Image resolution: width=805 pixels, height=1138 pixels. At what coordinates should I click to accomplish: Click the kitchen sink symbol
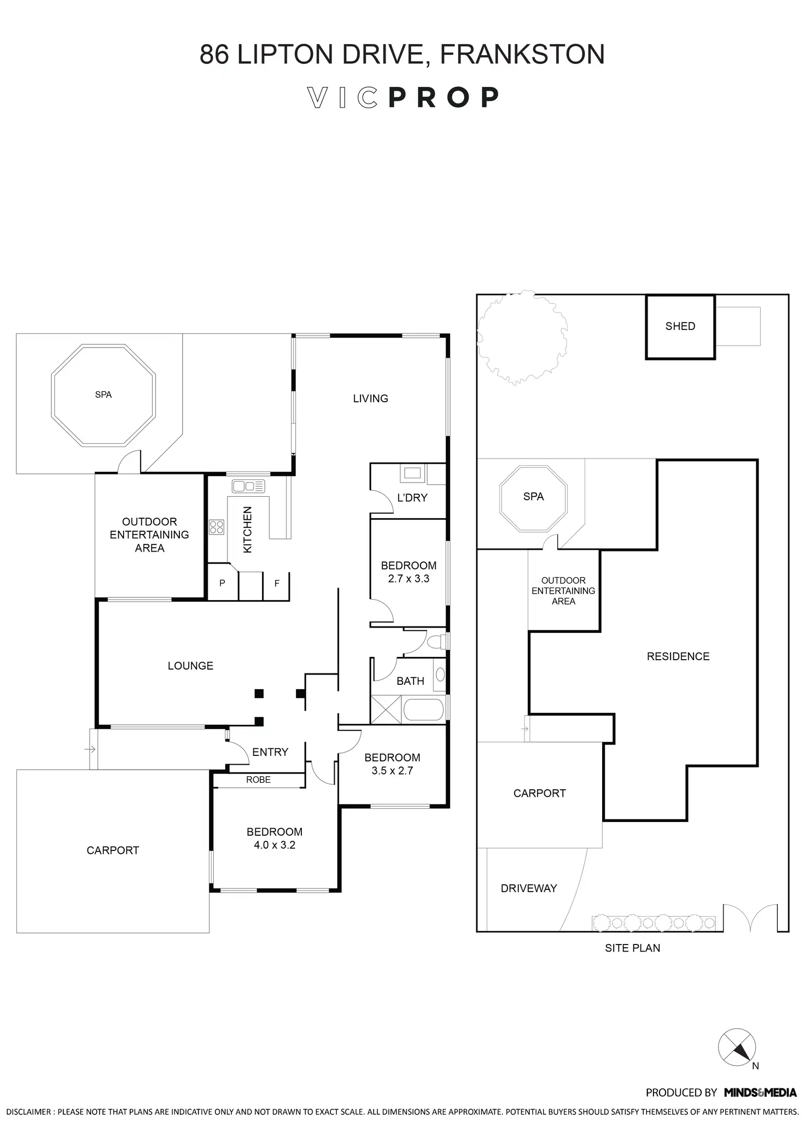[248, 485]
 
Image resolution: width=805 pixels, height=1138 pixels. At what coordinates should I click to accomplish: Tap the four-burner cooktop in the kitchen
[217, 527]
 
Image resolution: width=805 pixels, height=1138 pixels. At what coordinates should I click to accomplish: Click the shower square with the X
[386, 710]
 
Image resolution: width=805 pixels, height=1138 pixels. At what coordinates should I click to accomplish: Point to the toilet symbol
[437, 641]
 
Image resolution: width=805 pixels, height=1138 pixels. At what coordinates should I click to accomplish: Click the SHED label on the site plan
[680, 326]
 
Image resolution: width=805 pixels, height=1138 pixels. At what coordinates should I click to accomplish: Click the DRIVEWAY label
[528, 888]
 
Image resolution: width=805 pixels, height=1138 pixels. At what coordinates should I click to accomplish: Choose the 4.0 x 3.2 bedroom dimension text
[274, 845]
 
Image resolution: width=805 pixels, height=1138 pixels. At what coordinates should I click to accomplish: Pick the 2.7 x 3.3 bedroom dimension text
[409, 579]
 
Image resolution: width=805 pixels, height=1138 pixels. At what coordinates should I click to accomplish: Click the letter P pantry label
[222, 583]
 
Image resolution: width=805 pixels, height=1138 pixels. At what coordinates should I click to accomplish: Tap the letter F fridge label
[277, 584]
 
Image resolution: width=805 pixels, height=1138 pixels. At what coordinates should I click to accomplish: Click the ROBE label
[258, 780]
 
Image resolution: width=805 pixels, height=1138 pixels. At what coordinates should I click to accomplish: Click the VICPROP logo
[402, 98]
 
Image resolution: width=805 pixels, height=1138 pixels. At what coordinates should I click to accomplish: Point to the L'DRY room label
[412, 498]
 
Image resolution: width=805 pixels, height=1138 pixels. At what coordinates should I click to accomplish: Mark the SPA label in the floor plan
[103, 395]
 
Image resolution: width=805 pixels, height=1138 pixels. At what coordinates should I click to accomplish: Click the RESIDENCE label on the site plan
[678, 656]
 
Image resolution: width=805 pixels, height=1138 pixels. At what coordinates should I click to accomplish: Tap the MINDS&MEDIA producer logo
[760, 1093]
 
